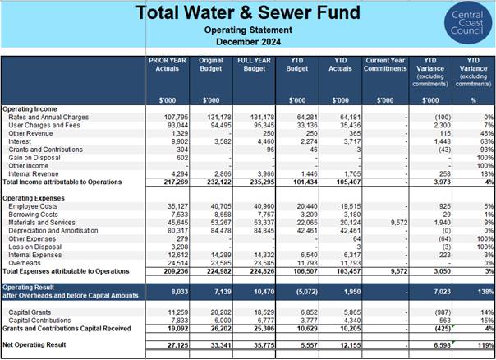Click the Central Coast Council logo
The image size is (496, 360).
467,22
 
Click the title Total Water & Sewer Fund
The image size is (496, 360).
248,12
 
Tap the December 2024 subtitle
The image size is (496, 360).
248,42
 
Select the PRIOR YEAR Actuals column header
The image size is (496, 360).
168,64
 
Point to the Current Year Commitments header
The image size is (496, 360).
385,64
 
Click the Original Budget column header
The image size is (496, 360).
211,64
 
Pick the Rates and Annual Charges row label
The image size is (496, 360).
48,118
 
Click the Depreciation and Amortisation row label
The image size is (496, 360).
53,231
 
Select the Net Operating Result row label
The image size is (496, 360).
34,344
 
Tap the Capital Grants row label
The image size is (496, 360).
30,312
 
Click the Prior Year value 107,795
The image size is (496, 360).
176,118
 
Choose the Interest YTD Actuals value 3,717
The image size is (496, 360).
352,141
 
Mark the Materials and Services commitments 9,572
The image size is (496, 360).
399,223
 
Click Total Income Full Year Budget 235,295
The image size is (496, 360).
262,182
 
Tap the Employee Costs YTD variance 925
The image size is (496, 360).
445,206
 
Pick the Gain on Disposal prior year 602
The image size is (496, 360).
182,158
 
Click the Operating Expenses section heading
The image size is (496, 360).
34,198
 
